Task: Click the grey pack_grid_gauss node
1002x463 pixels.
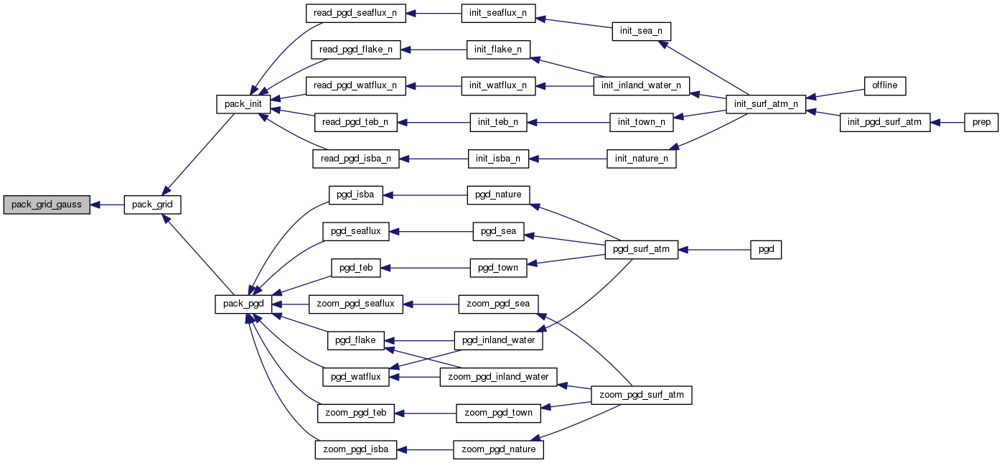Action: pyautogui.click(x=47, y=205)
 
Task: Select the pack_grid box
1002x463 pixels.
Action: pyautogui.click(x=151, y=205)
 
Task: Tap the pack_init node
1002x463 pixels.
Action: pyautogui.click(x=243, y=104)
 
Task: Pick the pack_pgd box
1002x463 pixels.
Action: pyautogui.click(x=243, y=304)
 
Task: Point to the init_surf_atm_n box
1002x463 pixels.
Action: pyautogui.click(x=766, y=104)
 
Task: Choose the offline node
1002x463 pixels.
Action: pyautogui.click(x=885, y=85)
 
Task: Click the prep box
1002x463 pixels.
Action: pyautogui.click(x=981, y=123)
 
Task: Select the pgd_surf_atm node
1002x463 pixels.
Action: pyautogui.click(x=642, y=250)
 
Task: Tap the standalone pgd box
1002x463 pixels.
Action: pyautogui.click(x=766, y=250)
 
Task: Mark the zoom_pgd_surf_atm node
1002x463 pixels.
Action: pyautogui.click(x=642, y=395)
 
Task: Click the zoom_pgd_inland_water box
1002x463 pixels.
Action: pyautogui.click(x=498, y=377)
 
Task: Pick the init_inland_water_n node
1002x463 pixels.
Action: pyautogui.click(x=642, y=85)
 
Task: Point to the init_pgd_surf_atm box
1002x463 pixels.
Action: pyautogui.click(x=885, y=123)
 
